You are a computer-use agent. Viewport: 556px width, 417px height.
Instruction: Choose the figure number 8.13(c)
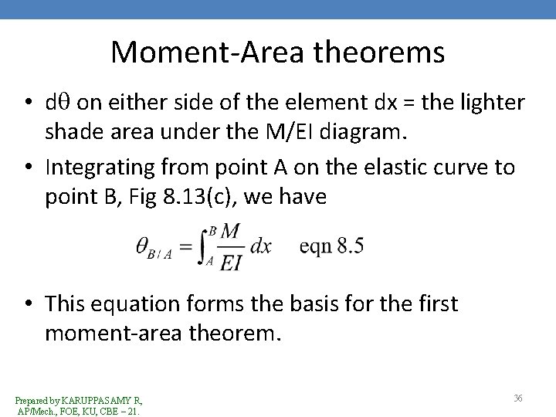tap(202, 198)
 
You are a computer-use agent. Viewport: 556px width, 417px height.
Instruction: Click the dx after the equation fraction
tap(261, 247)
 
